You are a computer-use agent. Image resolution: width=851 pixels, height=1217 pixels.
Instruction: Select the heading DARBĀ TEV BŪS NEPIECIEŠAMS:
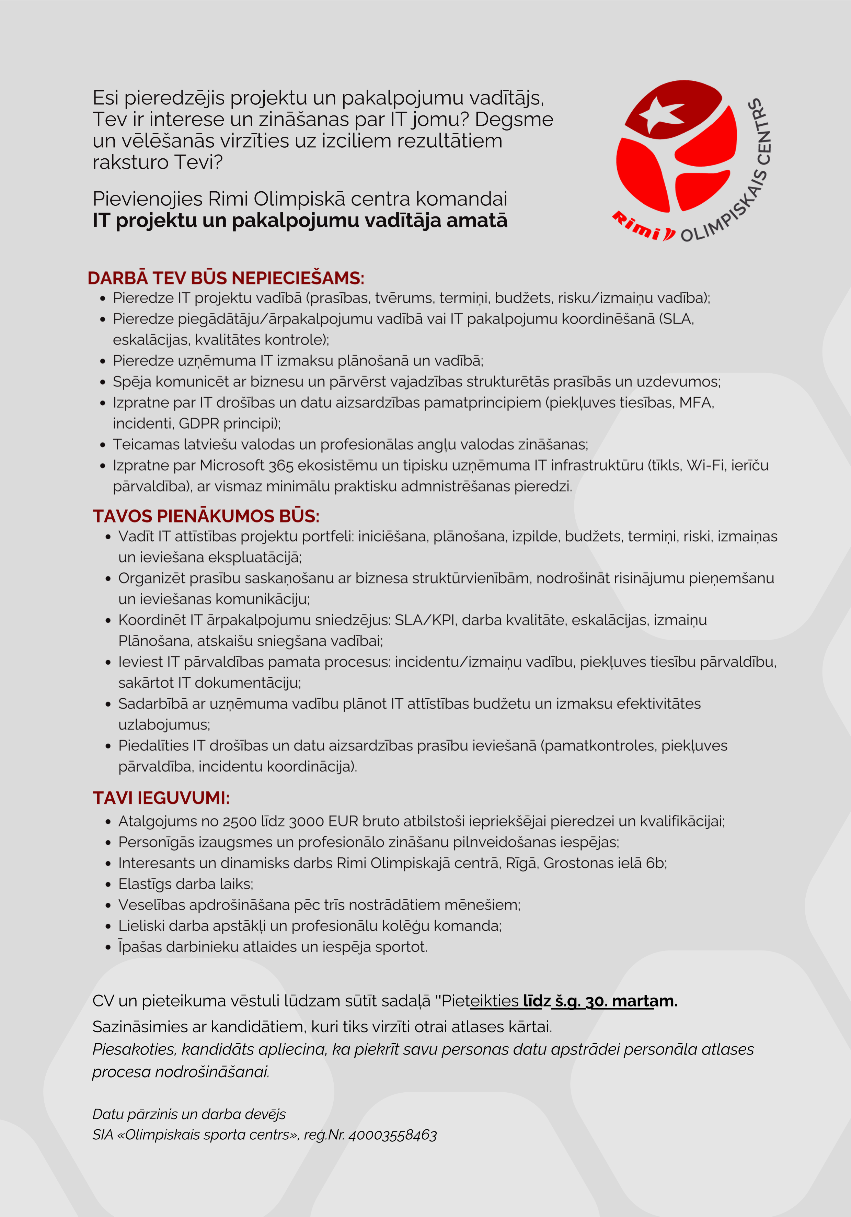click(226, 278)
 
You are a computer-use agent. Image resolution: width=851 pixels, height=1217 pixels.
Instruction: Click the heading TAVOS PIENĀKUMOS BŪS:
click(206, 516)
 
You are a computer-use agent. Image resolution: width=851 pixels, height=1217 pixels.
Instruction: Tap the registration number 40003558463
click(393, 1135)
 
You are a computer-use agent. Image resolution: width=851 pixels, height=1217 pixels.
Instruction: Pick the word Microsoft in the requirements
click(232, 465)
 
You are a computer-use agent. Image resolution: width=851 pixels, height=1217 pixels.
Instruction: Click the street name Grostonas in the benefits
click(578, 863)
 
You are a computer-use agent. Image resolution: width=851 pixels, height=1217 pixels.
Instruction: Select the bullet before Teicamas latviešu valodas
click(103, 445)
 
